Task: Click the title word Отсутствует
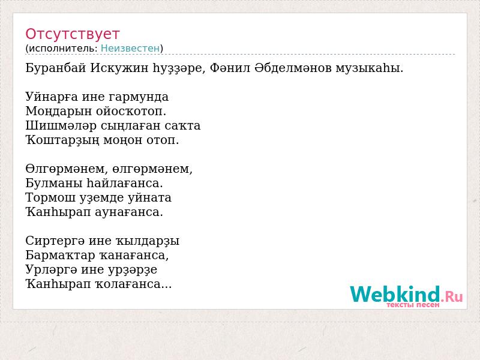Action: click(x=72, y=34)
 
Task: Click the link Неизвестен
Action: click(x=130, y=49)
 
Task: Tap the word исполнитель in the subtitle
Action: click(x=63, y=49)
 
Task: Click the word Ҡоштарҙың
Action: click(x=62, y=140)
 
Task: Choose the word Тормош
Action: click(x=50, y=197)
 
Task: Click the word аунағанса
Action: click(x=129, y=212)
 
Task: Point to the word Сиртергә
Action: click(x=55, y=241)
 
